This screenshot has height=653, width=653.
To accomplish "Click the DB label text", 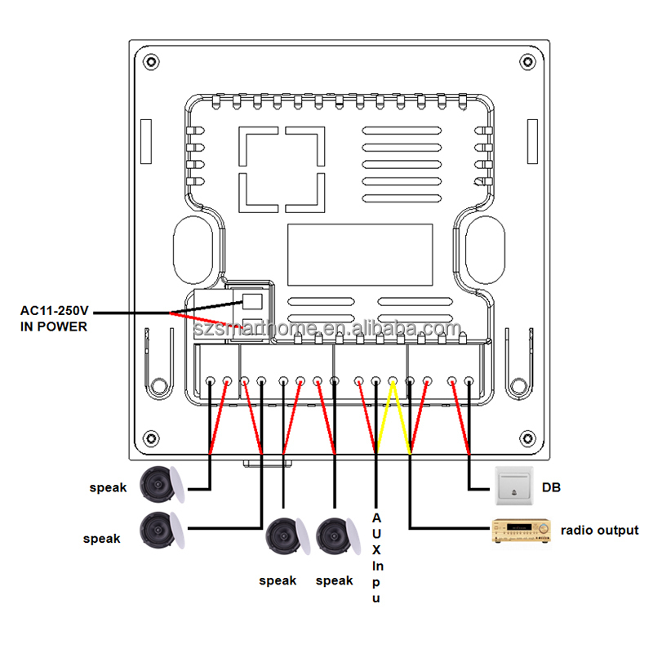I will (x=551, y=487).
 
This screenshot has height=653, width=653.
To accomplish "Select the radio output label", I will (x=599, y=531).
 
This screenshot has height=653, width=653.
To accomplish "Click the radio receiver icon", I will (x=521, y=531).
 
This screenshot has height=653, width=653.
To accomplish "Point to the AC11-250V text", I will (x=54, y=311).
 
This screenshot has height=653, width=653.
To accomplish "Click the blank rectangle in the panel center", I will (x=360, y=254).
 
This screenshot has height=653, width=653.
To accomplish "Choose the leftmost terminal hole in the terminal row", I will (x=211, y=381).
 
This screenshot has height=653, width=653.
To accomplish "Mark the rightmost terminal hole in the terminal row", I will (x=469, y=381).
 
